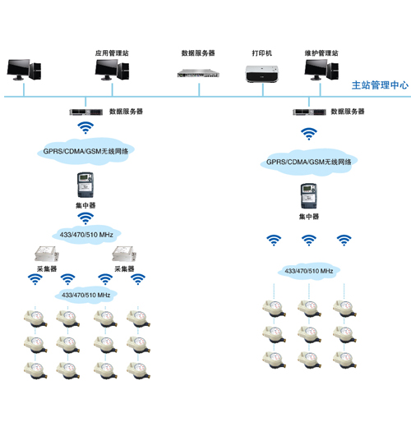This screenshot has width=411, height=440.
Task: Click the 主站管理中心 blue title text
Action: [x=380, y=85]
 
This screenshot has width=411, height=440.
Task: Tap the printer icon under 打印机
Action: [x=262, y=74]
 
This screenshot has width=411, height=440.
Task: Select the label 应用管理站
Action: [x=112, y=53]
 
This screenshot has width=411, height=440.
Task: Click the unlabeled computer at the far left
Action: [x=24, y=70]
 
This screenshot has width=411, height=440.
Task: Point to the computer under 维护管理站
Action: [x=321, y=70]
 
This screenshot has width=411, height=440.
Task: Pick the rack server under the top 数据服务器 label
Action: [x=198, y=73]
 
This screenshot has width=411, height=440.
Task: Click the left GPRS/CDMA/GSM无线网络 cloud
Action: [x=85, y=151]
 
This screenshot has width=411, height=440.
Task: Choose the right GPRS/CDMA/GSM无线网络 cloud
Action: [x=309, y=162]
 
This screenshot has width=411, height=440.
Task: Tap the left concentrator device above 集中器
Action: [x=85, y=185]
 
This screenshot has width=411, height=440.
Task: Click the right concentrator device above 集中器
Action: [x=309, y=196]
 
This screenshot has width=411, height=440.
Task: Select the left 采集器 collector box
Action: [x=47, y=254]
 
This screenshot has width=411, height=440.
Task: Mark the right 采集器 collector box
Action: [x=124, y=254]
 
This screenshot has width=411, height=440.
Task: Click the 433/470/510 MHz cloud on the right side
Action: [x=309, y=271]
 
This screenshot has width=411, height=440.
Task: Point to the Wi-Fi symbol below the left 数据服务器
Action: [x=85, y=128]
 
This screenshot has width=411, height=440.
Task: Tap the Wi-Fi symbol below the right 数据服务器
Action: [x=309, y=134]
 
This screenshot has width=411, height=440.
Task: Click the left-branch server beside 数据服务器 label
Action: [x=86, y=112]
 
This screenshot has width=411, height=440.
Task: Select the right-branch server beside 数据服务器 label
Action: [x=309, y=112]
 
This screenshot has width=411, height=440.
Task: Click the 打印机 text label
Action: [x=262, y=53]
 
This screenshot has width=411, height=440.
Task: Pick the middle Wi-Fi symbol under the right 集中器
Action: [x=309, y=241]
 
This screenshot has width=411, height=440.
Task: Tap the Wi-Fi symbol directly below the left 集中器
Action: [x=85, y=218]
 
